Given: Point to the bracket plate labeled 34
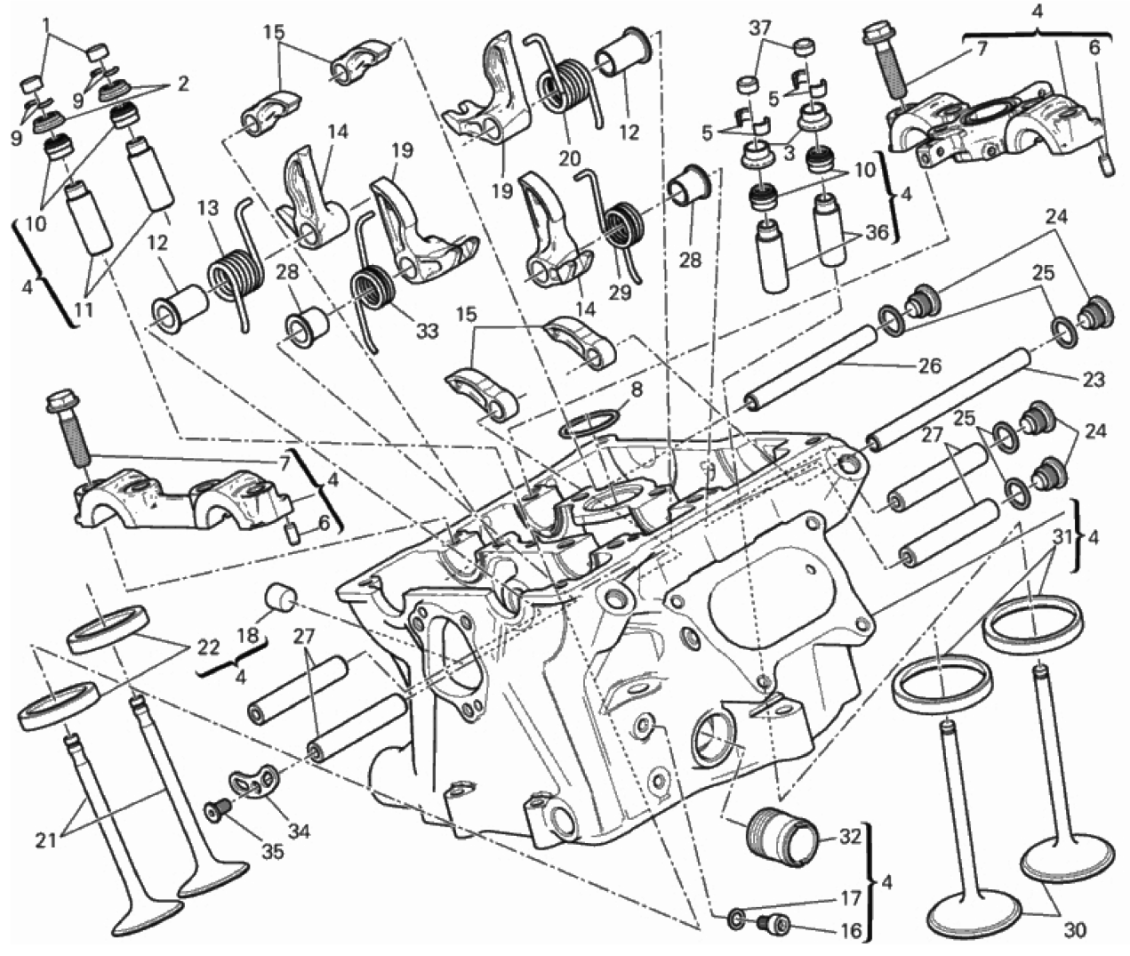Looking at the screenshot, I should pyautogui.click(x=252, y=783).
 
